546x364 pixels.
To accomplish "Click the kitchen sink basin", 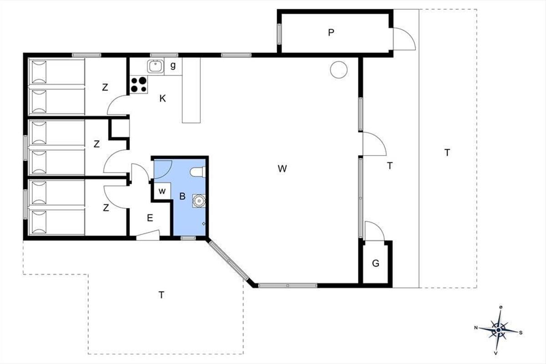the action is [155, 66].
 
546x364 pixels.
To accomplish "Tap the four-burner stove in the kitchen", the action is [139, 84].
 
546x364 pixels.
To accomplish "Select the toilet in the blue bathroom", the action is [198, 172].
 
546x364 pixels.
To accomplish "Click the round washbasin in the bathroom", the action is [199, 201].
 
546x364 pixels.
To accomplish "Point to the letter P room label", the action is [331, 32].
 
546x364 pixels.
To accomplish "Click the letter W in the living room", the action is [282, 169].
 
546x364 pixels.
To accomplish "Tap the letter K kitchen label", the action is [162, 98].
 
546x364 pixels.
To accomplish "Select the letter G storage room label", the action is [376, 263].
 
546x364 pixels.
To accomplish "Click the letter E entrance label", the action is [150, 217].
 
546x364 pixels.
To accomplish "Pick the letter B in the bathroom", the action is [182, 196].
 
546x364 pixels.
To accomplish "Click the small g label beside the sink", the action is [173, 66].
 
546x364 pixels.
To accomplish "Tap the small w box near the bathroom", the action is [162, 191].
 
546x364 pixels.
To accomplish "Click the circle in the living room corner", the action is [339, 70].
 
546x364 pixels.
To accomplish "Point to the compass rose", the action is [499, 330].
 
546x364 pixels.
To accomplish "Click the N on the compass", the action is [476, 328].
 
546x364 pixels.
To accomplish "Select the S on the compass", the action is [521, 333].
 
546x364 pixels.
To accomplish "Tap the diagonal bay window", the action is [228, 260].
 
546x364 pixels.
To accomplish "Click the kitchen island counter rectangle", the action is [192, 90].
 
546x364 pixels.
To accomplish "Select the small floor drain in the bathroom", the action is [204, 223].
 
